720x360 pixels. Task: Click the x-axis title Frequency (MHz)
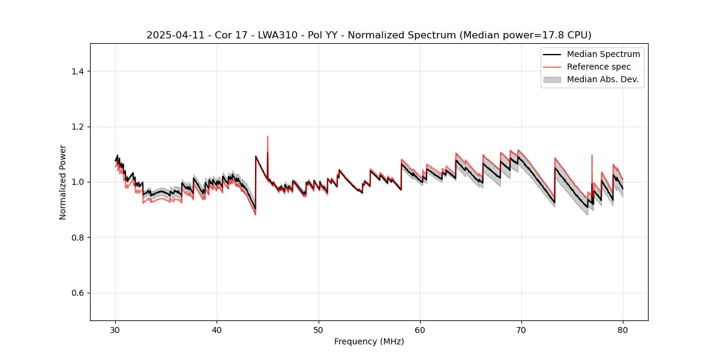(369, 341)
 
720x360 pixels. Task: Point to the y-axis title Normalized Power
(63, 182)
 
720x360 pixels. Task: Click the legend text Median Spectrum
(603, 54)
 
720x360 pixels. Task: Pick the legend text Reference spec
(599, 67)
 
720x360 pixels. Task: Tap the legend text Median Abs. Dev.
(603, 79)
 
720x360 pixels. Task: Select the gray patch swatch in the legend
(552, 79)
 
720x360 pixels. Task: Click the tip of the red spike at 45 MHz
(268, 136)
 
